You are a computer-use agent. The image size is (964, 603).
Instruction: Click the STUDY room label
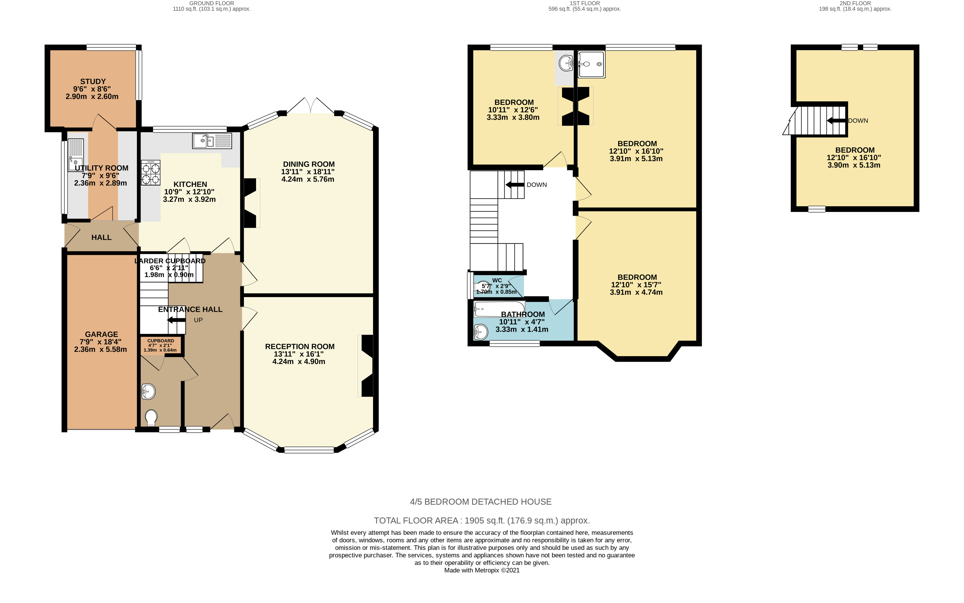click(x=93, y=81)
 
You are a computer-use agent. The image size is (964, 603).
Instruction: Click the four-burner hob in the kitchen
click(x=151, y=173)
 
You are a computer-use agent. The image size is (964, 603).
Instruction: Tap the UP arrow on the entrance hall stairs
click(x=176, y=320)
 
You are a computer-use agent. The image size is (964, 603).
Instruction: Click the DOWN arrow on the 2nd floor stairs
click(x=836, y=120)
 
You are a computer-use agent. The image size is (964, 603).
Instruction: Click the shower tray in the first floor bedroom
click(x=591, y=64)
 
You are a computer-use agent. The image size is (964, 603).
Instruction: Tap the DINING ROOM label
click(x=309, y=164)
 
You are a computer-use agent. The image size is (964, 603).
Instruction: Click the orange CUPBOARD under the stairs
click(x=161, y=345)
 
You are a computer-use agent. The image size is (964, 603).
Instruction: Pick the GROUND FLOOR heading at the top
click(x=212, y=3)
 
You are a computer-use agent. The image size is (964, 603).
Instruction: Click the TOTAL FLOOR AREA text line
click(x=482, y=521)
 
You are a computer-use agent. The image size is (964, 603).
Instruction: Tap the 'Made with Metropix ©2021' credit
click(x=482, y=570)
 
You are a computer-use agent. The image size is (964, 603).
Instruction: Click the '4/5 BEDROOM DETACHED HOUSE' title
click(x=481, y=502)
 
